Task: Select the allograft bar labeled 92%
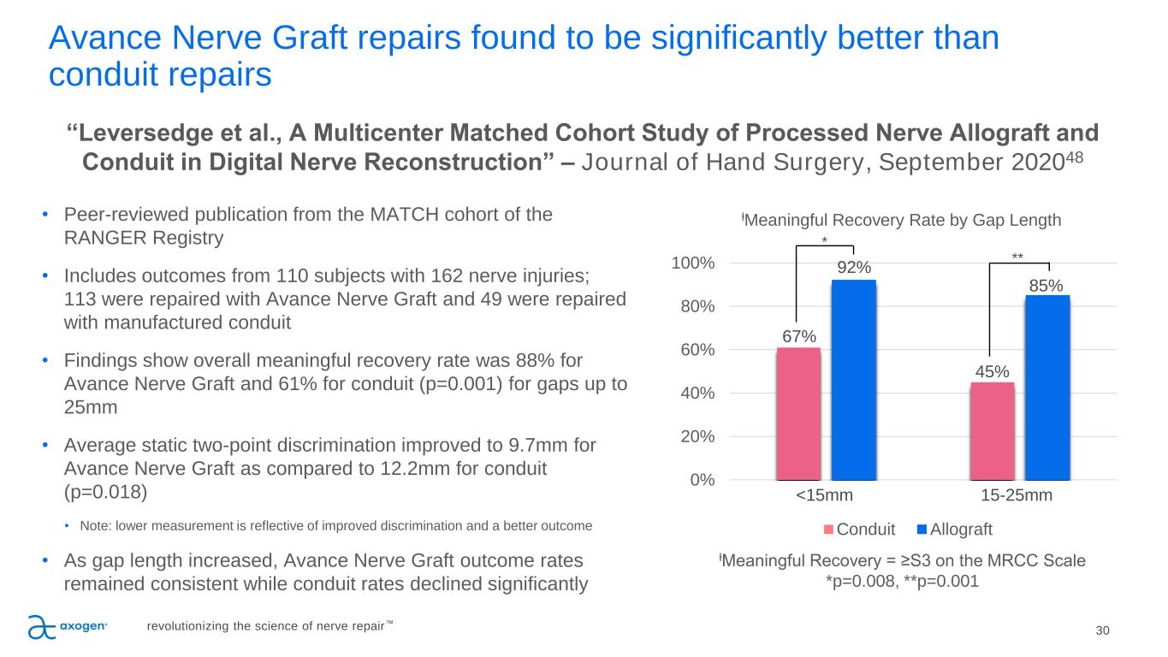854,380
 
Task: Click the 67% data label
798,336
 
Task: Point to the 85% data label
1046,284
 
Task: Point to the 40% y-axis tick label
698,393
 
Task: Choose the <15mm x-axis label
825,496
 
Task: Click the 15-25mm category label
1017,496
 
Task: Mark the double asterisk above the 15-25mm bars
1017,256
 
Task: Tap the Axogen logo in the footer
68,626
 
